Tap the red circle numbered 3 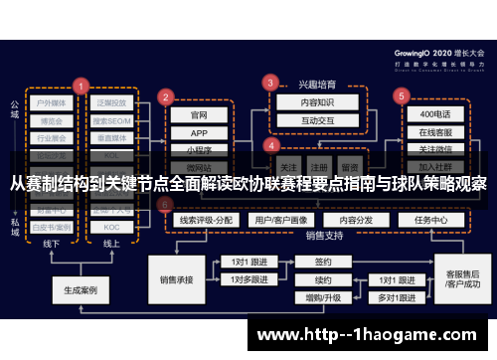pos(269,82)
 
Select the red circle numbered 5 pos(401,96)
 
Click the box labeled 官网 pos(199,114)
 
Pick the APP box pos(199,132)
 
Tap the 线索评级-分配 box pos(204,220)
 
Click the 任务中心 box pos(431,220)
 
